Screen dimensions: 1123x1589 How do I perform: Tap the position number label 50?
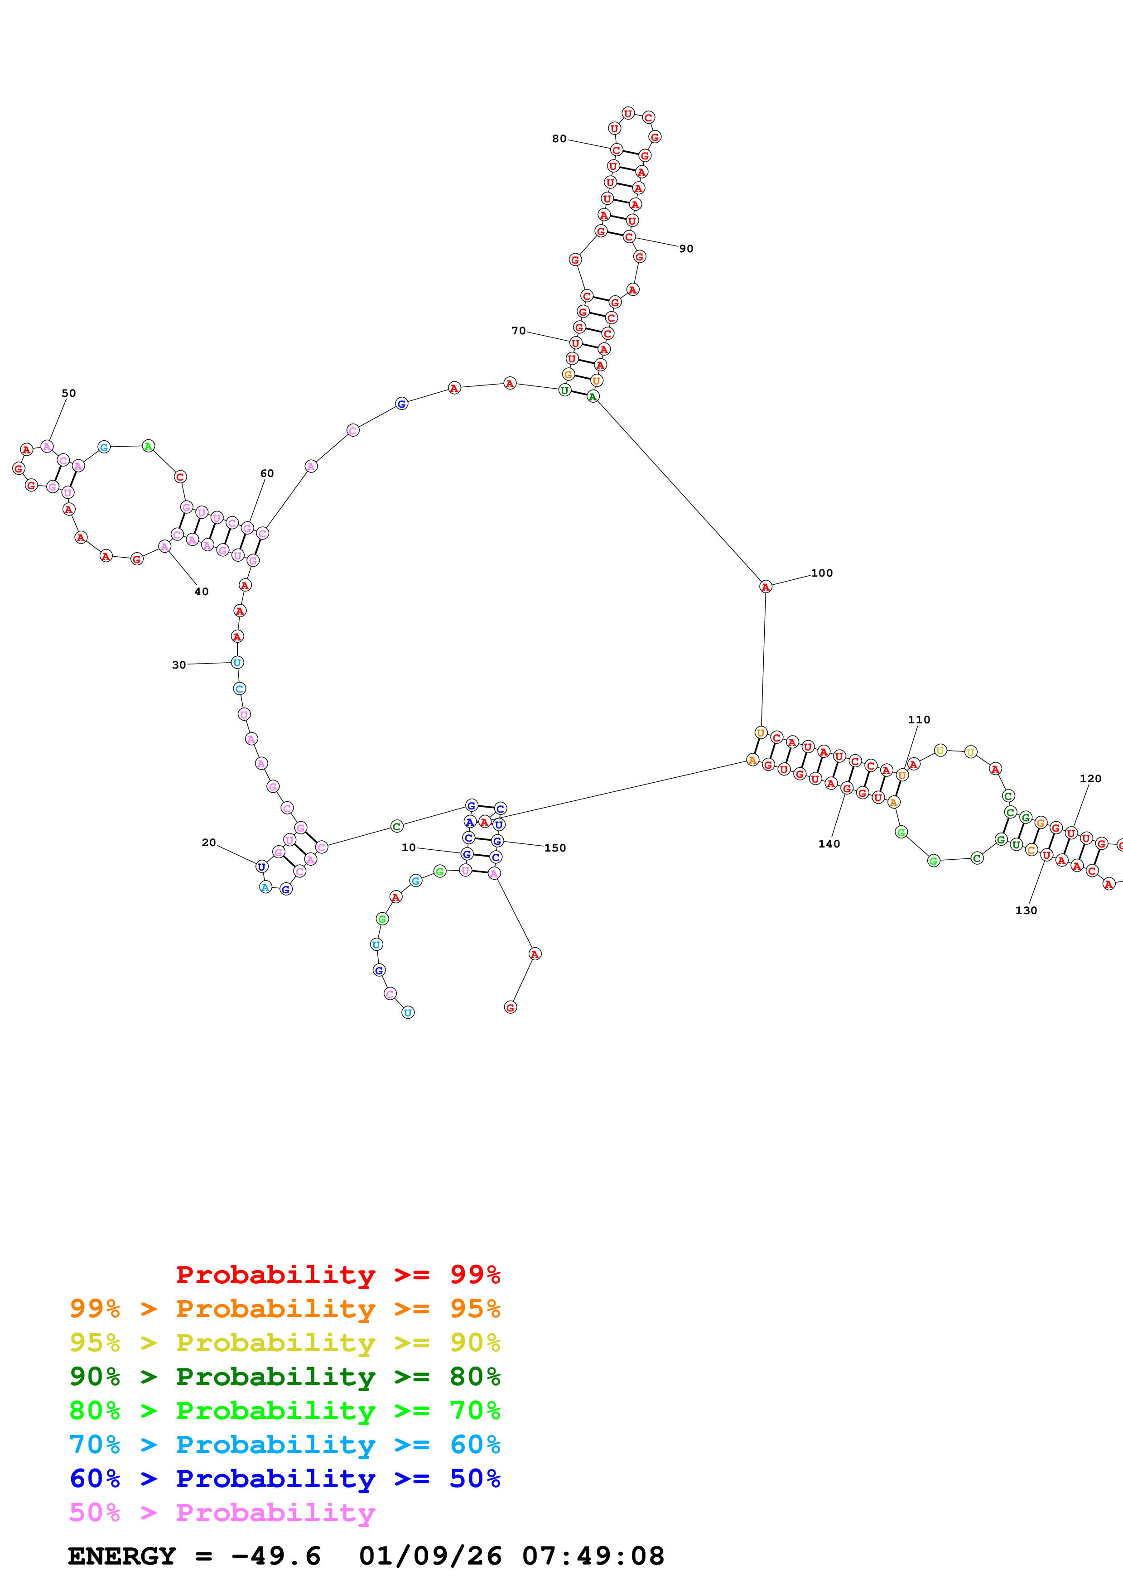tap(68, 393)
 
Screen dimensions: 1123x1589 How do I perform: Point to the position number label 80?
tap(559, 139)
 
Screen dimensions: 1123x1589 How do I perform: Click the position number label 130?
tap(1026, 910)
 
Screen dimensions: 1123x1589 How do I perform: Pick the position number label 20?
tap(208, 842)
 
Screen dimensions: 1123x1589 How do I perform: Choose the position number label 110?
tap(918, 720)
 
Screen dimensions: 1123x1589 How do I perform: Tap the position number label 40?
tap(201, 592)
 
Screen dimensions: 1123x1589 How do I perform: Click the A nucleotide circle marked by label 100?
tap(765, 587)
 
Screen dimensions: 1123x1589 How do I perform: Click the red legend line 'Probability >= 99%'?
tap(337, 1274)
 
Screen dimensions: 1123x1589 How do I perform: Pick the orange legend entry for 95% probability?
tap(284, 1308)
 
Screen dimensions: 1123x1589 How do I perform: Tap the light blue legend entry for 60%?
tap(284, 1445)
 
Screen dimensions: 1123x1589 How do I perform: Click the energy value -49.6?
tap(275, 1556)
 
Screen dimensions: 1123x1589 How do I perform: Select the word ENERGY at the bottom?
tap(122, 1556)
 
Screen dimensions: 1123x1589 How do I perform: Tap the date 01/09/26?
tap(430, 1556)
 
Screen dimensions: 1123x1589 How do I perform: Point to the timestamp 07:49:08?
tap(593, 1556)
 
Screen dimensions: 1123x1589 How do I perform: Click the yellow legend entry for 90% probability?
tap(284, 1342)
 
